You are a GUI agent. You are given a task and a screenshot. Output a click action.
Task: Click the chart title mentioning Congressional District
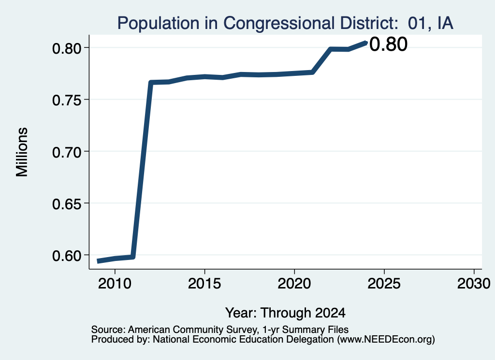pos(285,23)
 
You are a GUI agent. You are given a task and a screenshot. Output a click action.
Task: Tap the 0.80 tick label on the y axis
pos(66,48)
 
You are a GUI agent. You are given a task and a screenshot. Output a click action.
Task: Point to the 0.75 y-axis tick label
pos(66,100)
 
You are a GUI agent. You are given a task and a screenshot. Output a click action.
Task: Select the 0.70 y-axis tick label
pos(66,152)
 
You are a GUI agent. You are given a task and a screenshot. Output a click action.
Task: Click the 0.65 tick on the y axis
pos(66,204)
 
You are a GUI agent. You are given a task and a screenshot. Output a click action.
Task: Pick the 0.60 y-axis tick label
pos(66,256)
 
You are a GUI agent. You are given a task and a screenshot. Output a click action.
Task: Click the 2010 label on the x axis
pos(115,284)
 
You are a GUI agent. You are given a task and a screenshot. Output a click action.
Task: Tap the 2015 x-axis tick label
pos(204,284)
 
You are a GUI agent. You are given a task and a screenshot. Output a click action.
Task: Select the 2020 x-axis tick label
pos(294,284)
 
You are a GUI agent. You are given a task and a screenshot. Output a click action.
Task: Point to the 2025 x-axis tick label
pos(384,284)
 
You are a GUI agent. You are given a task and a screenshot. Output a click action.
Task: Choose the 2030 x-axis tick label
pos(474,284)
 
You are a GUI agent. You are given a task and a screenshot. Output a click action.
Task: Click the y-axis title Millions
pos(22,152)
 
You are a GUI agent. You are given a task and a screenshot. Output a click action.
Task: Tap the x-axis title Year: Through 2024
pos(285,313)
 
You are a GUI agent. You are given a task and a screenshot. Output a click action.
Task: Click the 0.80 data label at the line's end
pos(388,44)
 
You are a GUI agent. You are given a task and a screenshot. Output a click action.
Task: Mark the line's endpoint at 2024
pos(366,43)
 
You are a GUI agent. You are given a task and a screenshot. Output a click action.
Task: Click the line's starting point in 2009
pos(98,261)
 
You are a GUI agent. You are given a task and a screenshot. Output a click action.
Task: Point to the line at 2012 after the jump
pos(151,83)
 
